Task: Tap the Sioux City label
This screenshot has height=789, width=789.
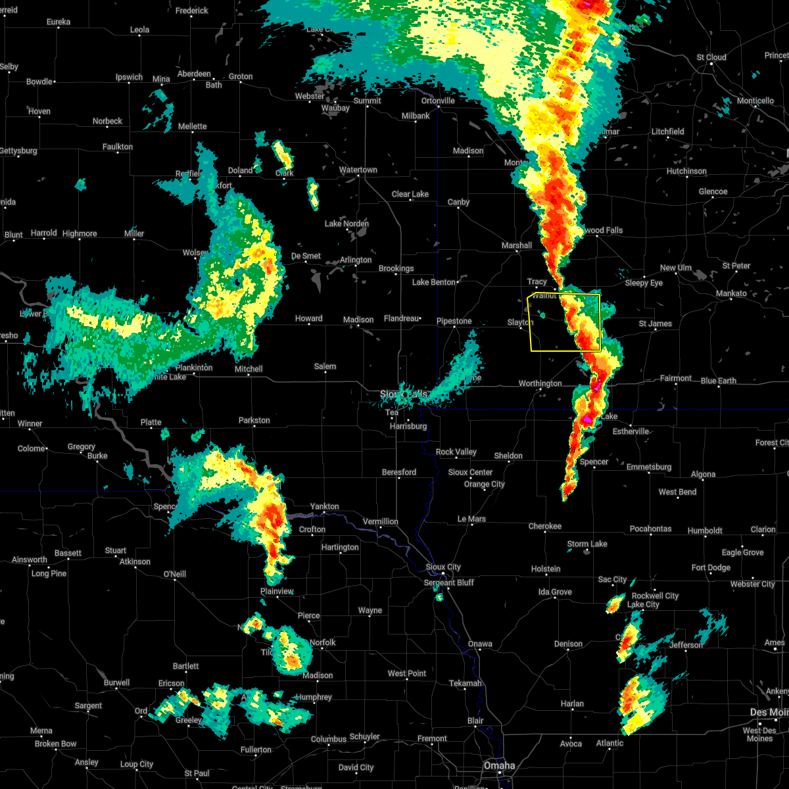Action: tap(443, 567)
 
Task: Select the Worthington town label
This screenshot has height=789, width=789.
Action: tap(540, 383)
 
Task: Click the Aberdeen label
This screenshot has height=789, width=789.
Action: tap(194, 74)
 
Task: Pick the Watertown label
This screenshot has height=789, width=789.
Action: tap(358, 170)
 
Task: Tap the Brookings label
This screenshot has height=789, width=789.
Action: tap(396, 268)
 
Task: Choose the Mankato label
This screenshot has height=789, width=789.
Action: tap(731, 293)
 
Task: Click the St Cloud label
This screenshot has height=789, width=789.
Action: tap(711, 57)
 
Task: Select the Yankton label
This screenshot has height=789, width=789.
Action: tap(324, 506)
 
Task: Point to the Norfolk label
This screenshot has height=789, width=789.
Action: tap(322, 642)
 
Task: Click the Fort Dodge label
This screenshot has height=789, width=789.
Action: tap(711, 567)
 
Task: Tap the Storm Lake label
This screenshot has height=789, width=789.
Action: tap(587, 544)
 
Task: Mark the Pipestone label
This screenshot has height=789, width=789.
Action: tap(454, 321)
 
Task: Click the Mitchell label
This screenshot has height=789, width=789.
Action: tap(249, 369)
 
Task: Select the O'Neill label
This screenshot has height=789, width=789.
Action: tap(174, 574)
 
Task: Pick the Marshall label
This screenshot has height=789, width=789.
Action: tap(517, 245)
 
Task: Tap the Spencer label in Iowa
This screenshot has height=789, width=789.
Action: tap(594, 462)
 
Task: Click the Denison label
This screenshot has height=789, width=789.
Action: tap(568, 644)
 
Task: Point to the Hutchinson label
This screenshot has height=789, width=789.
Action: tap(686, 171)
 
